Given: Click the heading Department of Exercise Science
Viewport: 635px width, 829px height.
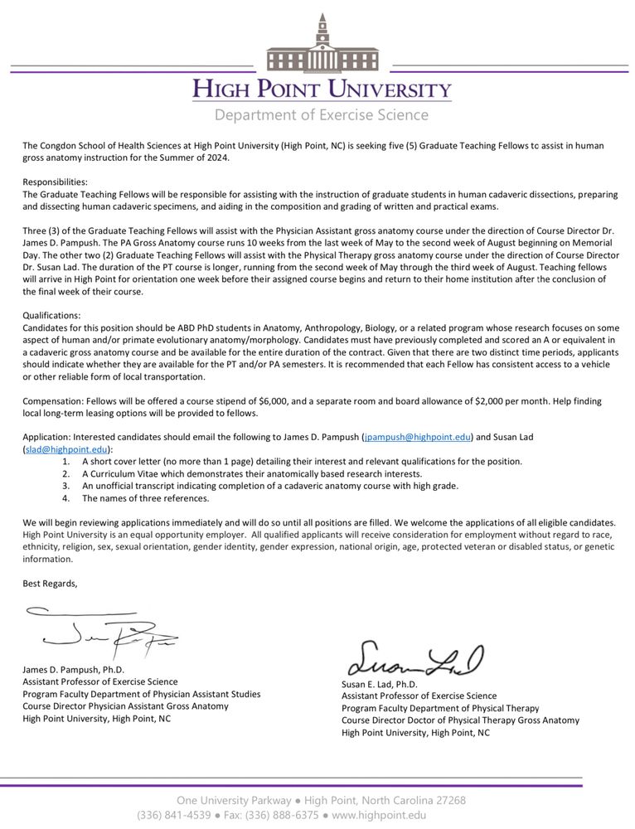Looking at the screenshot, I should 322,114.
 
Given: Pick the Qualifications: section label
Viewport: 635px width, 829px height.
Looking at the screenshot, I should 52,316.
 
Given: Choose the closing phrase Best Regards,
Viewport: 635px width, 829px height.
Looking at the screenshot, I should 50,584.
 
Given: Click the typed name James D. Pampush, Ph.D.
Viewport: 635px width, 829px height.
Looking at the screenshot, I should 74,669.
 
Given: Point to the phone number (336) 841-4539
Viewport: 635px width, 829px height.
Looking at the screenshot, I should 172,815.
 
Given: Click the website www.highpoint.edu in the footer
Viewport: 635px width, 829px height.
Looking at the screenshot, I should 379,815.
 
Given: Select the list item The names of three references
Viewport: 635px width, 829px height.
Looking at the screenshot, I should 145,498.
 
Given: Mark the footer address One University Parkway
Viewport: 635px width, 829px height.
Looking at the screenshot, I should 233,800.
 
